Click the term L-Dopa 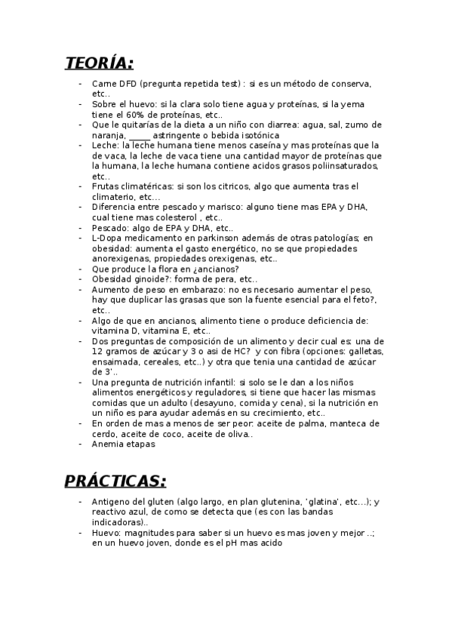pyautogui.click(x=106, y=237)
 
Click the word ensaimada pyautogui.click(x=115, y=362)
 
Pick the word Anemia pyautogui.click(x=108, y=445)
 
